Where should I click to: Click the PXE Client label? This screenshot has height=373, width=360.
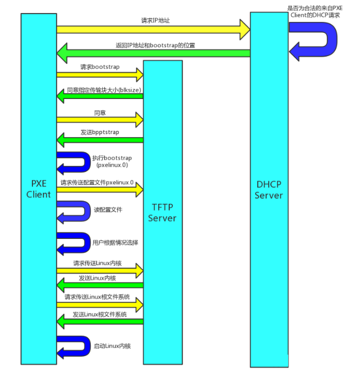point(38,189)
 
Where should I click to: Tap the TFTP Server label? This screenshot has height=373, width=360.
point(162,212)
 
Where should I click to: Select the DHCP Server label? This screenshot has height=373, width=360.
point(269,190)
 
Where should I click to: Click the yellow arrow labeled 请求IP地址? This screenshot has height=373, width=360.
point(153,30)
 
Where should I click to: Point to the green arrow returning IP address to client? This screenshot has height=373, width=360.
point(153,53)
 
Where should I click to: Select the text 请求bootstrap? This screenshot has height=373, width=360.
point(99,67)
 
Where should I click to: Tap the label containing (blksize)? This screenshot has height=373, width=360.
point(104,90)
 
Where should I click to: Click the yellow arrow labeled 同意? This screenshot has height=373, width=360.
point(100,119)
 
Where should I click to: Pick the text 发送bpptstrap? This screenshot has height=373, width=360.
point(99,132)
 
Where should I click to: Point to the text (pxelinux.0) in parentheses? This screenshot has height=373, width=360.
point(112,165)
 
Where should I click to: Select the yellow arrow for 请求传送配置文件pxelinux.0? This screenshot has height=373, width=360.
point(100,190)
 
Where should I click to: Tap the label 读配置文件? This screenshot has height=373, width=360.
point(108,210)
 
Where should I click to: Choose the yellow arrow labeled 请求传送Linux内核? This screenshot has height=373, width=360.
point(100,270)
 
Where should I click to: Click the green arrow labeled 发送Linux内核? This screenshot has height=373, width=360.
point(100,285)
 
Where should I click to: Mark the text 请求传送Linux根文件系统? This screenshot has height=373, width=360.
point(97,297)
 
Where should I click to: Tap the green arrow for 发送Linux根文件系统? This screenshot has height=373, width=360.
point(100,322)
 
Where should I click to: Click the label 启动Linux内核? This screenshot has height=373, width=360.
point(112,346)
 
